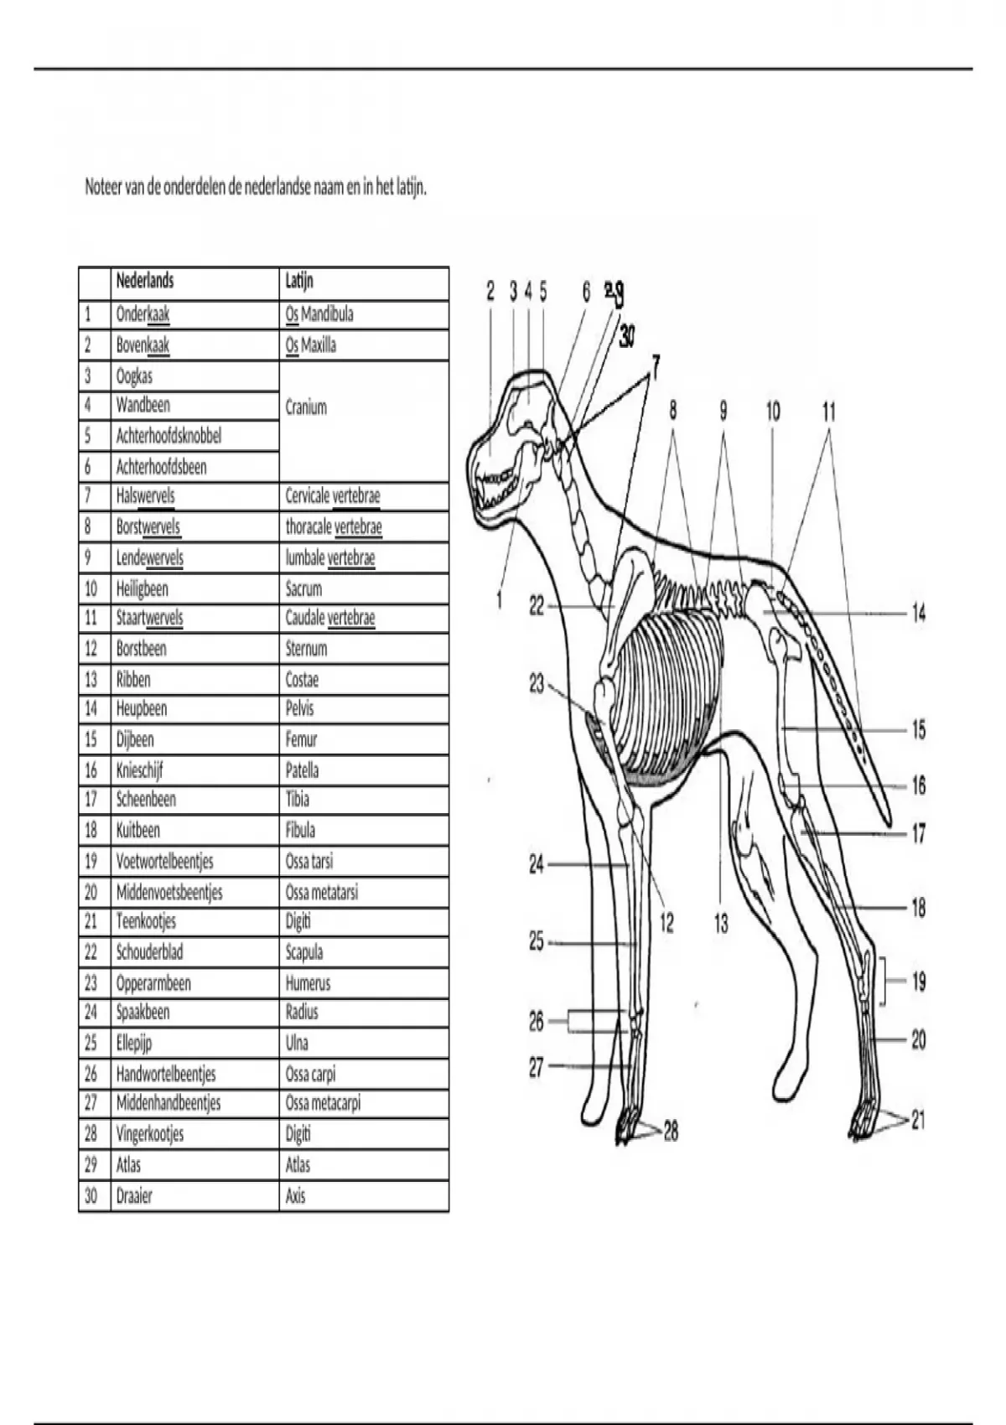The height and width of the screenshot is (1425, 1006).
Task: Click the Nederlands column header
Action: tap(145, 281)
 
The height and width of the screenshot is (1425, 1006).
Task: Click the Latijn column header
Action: tap(299, 281)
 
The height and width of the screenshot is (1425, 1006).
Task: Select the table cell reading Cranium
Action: tap(306, 407)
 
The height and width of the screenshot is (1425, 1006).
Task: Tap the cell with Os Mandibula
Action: tap(319, 314)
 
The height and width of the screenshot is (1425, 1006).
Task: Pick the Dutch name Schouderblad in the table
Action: tap(149, 952)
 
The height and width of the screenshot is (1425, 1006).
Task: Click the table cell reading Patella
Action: tap(302, 770)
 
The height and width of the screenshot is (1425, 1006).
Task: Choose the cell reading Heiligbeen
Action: tap(142, 588)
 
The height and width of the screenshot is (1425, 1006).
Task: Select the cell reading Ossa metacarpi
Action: tap(323, 1103)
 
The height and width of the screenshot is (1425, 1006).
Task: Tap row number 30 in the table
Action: tap(91, 1196)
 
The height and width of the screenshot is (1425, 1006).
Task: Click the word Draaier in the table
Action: tap(134, 1196)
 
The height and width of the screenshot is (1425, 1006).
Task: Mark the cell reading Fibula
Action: tap(300, 831)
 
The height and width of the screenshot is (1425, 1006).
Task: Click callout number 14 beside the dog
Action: tap(919, 613)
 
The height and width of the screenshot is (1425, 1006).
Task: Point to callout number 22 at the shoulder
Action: tap(537, 605)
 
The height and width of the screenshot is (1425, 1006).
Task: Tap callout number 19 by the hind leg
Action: tap(919, 981)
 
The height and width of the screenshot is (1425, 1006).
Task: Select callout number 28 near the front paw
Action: tap(671, 1132)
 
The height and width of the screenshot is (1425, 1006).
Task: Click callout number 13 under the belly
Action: tap(721, 924)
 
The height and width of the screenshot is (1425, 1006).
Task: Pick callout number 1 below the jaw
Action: tap(500, 599)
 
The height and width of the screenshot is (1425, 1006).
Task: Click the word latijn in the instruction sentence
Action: tap(410, 187)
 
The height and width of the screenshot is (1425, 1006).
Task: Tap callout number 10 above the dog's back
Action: tap(773, 411)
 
